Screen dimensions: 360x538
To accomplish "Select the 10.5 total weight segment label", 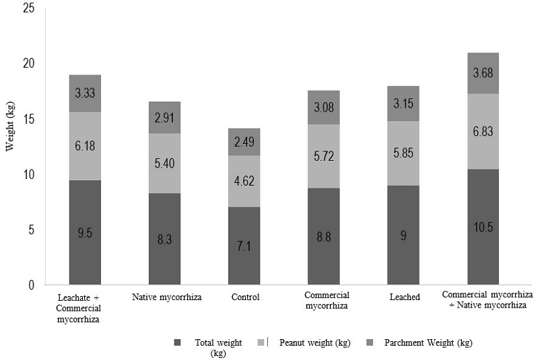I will coord(482,227).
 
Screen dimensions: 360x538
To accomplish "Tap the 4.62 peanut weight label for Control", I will coord(244,182).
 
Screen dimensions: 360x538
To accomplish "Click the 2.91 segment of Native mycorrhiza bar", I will coord(164,117).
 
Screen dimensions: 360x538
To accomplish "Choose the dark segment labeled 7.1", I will coord(244,246).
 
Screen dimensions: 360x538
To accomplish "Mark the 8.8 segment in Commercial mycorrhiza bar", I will coord(323,236).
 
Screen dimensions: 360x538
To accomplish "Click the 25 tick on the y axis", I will coord(26,8).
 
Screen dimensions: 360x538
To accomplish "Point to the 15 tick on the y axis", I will coord(26,119).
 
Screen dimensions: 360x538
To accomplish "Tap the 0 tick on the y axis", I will coord(30,285).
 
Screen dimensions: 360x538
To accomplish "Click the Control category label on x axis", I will coord(244,297).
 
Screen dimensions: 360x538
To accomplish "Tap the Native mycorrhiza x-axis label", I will coord(164,297).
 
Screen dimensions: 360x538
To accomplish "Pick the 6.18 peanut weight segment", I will coord(85,146).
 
